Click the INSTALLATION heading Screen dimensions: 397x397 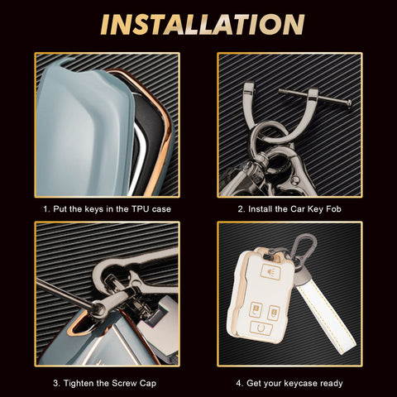tap(203, 24)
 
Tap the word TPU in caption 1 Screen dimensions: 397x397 tap(140, 209)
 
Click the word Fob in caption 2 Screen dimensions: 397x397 tap(333, 209)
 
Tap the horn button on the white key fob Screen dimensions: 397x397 tap(270, 270)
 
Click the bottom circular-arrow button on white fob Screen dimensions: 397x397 tap(261, 328)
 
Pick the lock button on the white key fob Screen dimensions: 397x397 tap(256, 310)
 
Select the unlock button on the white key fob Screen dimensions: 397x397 tap(274, 313)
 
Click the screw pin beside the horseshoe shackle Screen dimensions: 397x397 tap(315, 97)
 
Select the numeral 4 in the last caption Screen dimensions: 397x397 tap(239, 383)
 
